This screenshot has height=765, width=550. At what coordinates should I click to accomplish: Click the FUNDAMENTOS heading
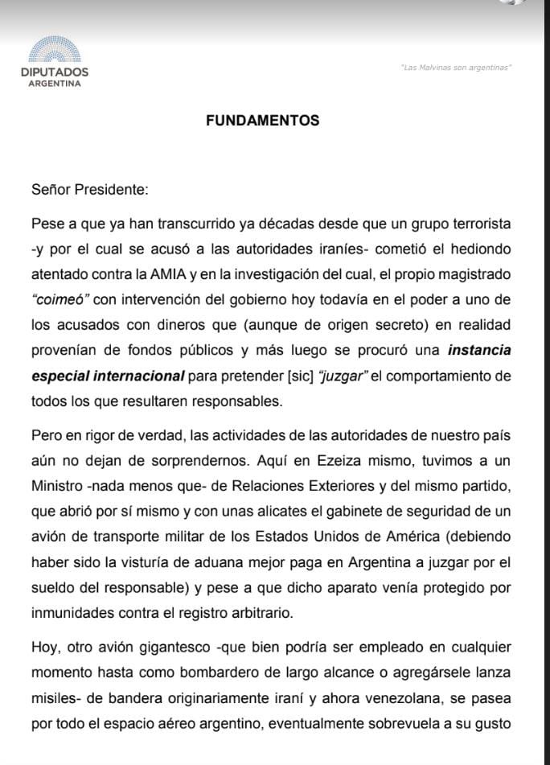(262, 121)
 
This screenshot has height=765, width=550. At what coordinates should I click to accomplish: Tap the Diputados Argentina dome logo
(55, 50)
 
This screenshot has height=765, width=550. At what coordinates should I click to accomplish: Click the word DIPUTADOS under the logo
(55, 72)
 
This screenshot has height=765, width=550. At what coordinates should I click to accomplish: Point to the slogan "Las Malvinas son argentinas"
(455, 67)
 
